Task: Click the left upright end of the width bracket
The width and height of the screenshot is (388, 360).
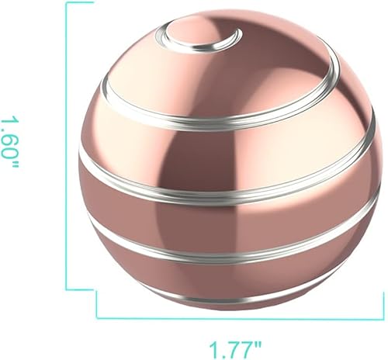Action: (x=96, y=305)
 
